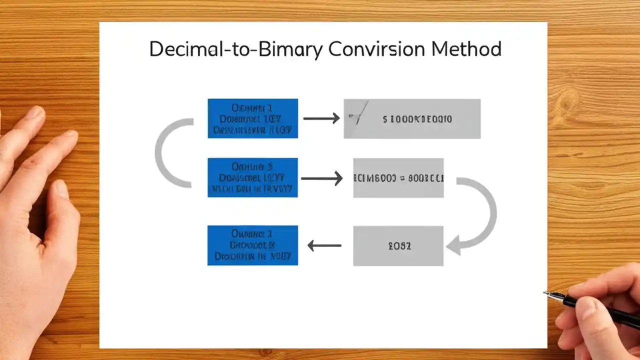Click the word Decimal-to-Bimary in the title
click(236, 49)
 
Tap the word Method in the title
click(466, 49)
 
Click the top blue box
click(252, 118)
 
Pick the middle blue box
click(252, 177)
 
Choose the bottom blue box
click(252, 245)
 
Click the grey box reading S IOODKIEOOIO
click(412, 118)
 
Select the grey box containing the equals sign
click(398, 177)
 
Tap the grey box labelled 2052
click(398, 245)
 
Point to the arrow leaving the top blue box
click(321, 118)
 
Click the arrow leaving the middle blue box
click(321, 178)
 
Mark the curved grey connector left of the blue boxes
click(165, 152)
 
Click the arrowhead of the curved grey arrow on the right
click(453, 246)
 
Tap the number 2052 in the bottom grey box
click(399, 245)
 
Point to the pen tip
click(545, 293)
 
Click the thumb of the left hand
click(62, 200)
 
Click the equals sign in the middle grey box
click(401, 178)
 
